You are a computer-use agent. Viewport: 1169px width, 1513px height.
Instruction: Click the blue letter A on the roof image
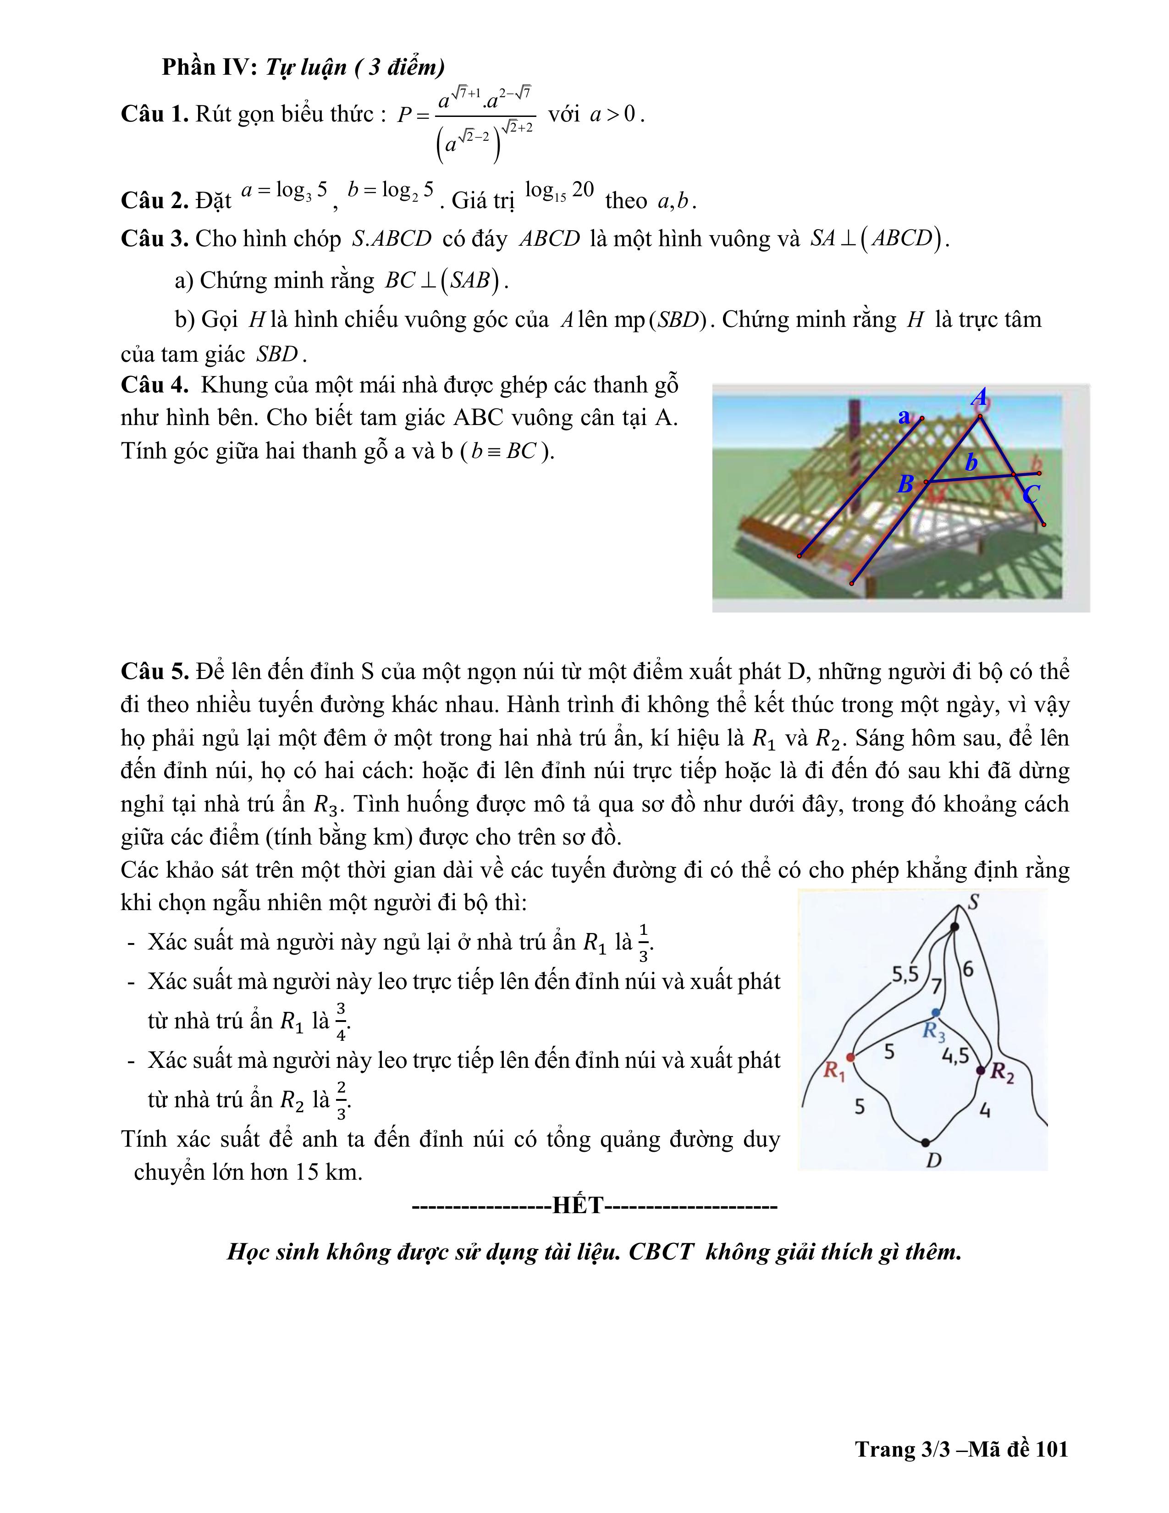coord(979,398)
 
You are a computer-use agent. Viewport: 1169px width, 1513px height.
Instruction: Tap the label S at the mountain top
coord(973,902)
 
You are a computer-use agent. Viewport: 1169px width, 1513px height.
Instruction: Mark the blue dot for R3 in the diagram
coord(936,1012)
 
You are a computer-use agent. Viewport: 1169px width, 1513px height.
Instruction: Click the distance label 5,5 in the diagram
coord(904,975)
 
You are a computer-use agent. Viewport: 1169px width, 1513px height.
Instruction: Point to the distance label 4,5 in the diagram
coord(955,1056)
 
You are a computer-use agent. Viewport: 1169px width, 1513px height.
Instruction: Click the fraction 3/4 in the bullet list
coord(341,1021)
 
